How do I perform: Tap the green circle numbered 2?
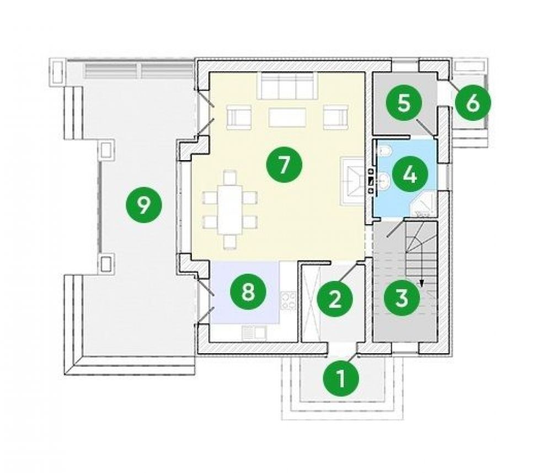334,299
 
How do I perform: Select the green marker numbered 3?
402,297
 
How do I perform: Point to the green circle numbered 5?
404,103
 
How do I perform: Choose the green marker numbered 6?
473,103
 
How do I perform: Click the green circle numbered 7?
284,164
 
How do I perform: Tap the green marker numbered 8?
248,291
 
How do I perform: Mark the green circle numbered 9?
143,205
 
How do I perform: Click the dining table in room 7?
230,209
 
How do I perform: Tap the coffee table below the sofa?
287,117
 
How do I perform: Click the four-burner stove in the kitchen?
288,300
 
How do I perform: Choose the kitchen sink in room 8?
254,332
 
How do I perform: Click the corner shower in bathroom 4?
424,205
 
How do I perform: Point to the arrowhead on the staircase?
421,281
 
